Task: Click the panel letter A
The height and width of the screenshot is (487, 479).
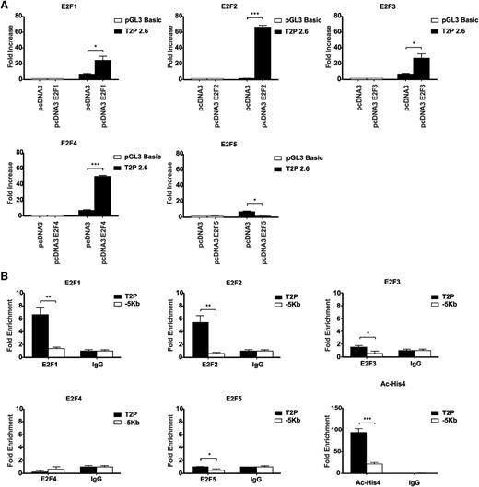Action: pos(6,6)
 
